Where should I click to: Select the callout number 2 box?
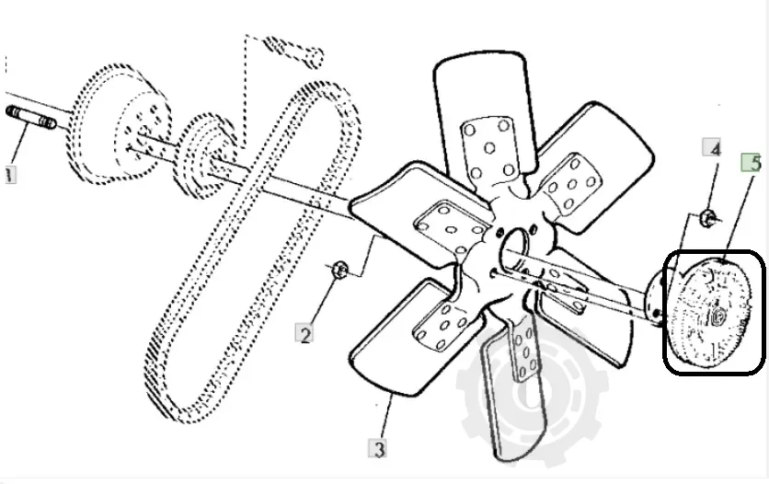pos(304,333)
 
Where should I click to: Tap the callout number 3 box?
pos(378,449)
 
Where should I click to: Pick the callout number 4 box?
pos(712,147)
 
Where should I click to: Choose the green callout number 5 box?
pos(752,163)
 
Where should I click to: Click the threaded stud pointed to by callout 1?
pos(31,118)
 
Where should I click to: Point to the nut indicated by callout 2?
pos(339,270)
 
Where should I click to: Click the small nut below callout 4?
pos(706,217)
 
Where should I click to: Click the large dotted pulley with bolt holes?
pos(120,124)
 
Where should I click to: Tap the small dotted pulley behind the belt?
pos(205,156)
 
